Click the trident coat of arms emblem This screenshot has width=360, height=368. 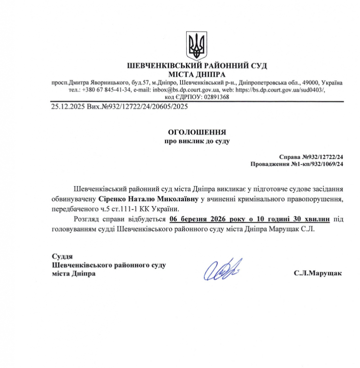(196, 44)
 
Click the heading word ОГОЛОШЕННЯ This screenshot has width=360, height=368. (197, 133)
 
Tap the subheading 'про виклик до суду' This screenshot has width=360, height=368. (197, 141)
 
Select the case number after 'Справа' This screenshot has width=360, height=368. (323, 157)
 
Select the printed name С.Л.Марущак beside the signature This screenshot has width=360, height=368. (318, 273)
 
